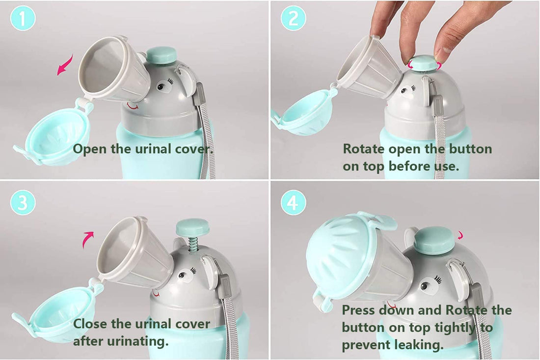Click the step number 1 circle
pyautogui.click(x=23, y=20)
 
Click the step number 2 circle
pyautogui.click(x=293, y=20)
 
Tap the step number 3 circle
pyautogui.click(x=23, y=203)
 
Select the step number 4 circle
pyautogui.click(x=293, y=203)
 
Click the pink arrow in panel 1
pyautogui.click(x=65, y=65)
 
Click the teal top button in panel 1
pyautogui.click(x=162, y=55)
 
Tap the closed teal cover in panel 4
pyautogui.click(x=339, y=256)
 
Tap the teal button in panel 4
pyautogui.click(x=433, y=240)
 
